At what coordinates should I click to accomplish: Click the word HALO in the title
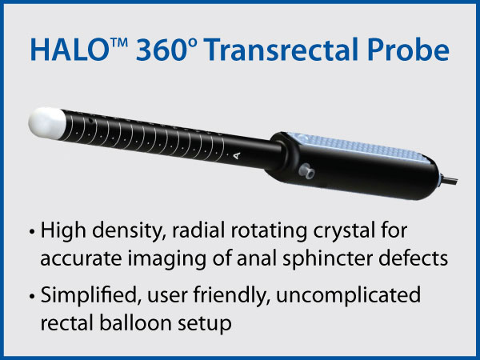(69, 50)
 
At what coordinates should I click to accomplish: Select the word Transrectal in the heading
(282, 50)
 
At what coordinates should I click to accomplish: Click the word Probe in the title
(409, 50)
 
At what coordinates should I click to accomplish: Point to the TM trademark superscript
(118, 43)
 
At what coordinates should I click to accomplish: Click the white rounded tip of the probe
(47, 123)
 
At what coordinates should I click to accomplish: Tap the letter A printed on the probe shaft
(236, 156)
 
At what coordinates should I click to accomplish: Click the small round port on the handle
(306, 171)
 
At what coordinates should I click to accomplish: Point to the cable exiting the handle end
(449, 179)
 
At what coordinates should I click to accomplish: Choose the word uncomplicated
(348, 296)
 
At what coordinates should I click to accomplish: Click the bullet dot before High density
(31, 232)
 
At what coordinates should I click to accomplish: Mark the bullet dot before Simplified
(31, 296)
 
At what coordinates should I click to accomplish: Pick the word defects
(414, 258)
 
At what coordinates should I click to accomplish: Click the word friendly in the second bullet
(232, 296)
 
